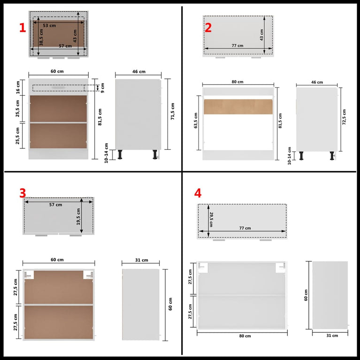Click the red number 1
point(22,28)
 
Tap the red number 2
point(208,28)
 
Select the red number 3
point(23,193)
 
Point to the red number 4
point(198,193)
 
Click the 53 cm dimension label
point(49,25)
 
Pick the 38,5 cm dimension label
point(41,37)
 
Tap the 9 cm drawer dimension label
point(102,88)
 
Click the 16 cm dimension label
point(18,87)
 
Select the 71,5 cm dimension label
point(173,111)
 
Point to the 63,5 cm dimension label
point(196,121)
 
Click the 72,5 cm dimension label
point(344,117)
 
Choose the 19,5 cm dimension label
point(78,216)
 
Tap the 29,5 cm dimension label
point(211,220)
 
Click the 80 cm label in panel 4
point(245,336)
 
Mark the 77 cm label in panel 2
point(237,46)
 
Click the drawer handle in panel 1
point(58,87)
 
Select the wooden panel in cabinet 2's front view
point(238,107)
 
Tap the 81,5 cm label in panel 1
point(100,117)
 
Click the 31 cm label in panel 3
point(141,260)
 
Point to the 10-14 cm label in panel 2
point(289,156)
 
